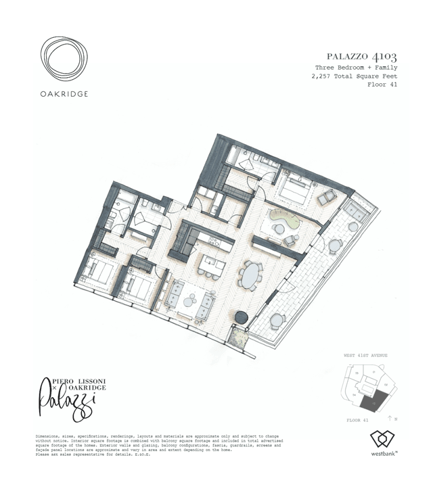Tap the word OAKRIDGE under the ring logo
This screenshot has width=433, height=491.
(63, 94)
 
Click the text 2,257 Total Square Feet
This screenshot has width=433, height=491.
(354, 76)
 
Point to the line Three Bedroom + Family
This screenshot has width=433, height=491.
(356, 68)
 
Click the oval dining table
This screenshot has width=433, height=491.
(250, 275)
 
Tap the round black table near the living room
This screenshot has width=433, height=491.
(241, 317)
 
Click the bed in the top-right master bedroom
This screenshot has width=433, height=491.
(295, 191)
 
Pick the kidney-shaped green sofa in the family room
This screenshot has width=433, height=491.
(280, 219)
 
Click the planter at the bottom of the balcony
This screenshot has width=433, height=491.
(239, 336)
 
